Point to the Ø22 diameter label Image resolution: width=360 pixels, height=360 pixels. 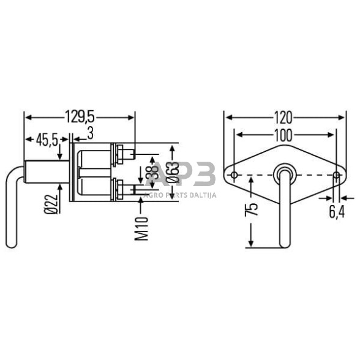click(53, 202)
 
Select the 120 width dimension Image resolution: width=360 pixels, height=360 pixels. click(283, 116)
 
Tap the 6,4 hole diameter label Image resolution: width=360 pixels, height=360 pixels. click(337, 212)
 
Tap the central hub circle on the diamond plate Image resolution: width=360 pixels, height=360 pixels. click(285, 172)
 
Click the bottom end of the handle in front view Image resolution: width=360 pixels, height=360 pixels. click(285, 245)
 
